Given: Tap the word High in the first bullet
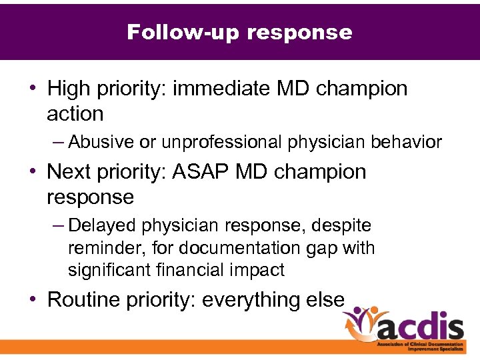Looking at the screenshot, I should (x=70, y=88).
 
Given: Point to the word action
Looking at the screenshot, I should (x=75, y=114).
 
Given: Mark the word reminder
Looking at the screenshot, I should (x=97, y=248).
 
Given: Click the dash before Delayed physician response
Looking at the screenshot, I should (x=60, y=226).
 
